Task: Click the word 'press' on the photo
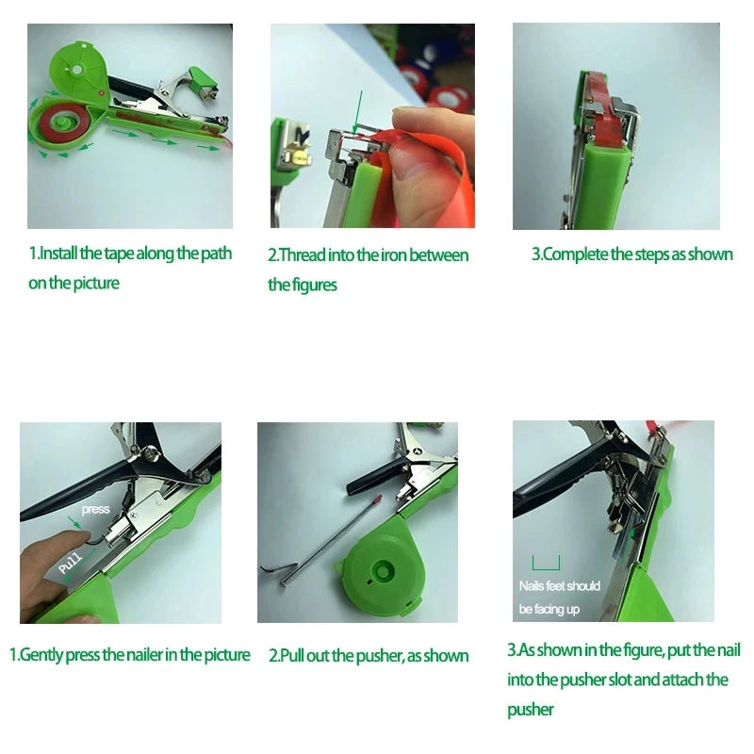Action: click(x=96, y=509)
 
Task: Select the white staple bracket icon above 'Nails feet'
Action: click(x=546, y=563)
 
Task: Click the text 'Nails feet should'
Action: click(x=559, y=586)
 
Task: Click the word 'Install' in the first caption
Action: click(x=58, y=254)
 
